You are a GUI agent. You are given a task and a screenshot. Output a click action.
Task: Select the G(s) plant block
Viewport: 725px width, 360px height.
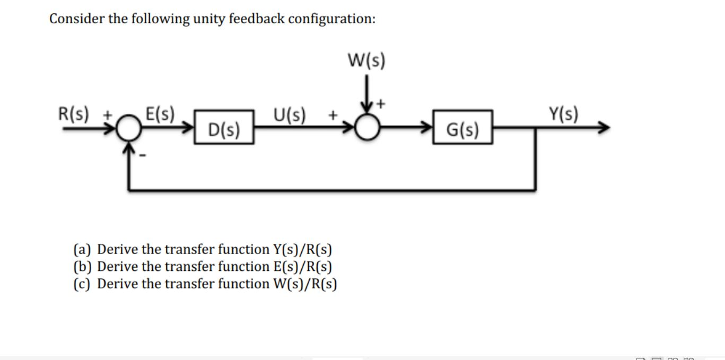pos(462,128)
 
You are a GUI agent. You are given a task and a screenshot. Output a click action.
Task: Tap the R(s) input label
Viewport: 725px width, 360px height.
pos(74,113)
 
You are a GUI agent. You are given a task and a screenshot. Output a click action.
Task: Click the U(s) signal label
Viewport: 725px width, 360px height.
pos(289,114)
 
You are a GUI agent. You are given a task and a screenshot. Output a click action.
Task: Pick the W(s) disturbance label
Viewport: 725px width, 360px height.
pos(366,60)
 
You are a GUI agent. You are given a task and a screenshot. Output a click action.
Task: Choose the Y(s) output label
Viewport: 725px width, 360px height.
pos(564,113)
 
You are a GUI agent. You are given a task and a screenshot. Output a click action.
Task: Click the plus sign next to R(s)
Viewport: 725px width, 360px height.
pos(108,114)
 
